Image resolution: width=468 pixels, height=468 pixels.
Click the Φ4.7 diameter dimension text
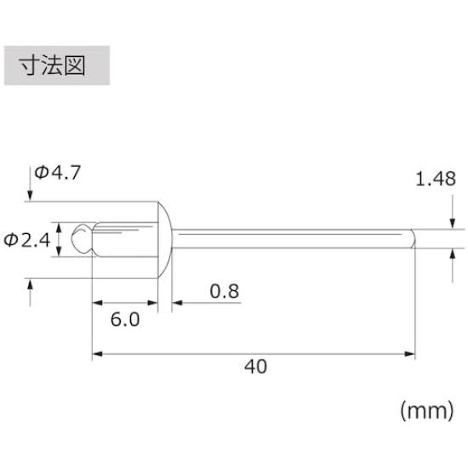58,173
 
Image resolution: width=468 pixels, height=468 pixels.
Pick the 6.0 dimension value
124,322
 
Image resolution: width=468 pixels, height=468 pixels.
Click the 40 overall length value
255,367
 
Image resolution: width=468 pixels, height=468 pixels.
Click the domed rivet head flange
166,238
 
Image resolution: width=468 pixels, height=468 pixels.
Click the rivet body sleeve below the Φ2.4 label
124,239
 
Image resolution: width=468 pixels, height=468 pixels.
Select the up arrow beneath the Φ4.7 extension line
32,294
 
